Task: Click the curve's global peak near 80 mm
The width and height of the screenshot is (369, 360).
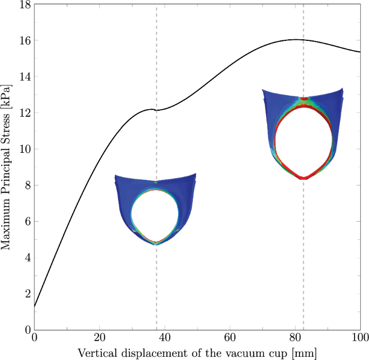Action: (x=295, y=39)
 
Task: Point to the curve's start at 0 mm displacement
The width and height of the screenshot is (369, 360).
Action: (x=34, y=307)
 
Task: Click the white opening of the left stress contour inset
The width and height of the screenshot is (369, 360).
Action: (x=155, y=215)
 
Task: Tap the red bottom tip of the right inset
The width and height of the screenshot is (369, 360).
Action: (x=304, y=178)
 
